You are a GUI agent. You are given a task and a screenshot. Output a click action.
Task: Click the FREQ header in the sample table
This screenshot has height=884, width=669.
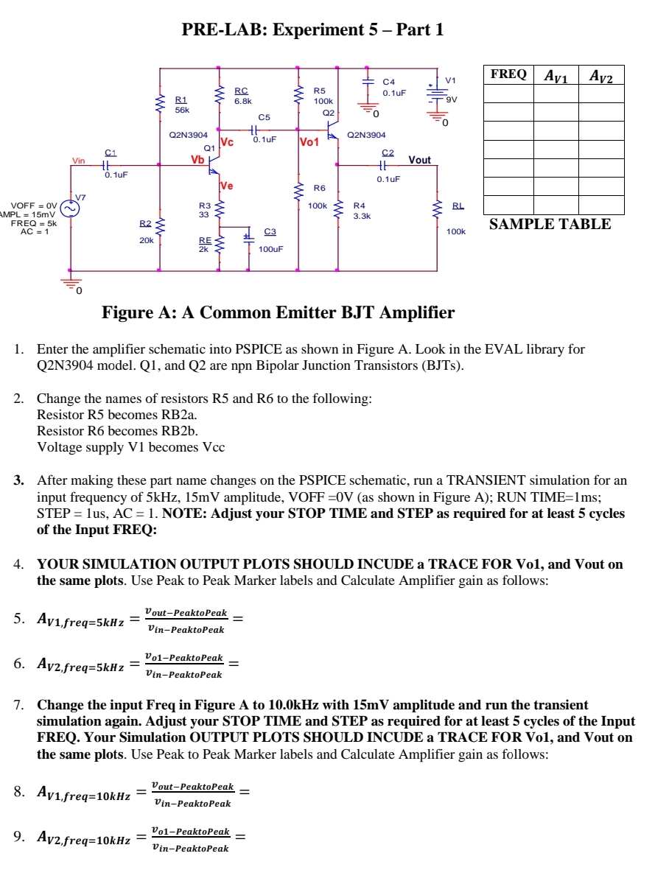508,74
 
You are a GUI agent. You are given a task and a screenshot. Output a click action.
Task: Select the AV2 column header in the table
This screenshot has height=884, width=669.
601,75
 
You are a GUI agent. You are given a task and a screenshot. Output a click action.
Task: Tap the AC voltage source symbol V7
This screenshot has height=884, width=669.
71,208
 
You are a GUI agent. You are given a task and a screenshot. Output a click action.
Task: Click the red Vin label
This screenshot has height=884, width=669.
78,161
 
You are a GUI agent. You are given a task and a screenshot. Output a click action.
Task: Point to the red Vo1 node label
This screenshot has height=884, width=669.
309,142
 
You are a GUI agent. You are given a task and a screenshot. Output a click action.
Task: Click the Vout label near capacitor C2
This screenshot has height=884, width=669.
420,160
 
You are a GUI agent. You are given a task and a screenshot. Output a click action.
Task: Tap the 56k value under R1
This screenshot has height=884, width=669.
182,110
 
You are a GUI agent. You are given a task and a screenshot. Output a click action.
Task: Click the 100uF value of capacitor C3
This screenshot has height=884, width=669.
271,249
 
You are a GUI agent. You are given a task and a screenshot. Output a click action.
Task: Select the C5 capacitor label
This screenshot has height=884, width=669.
265,116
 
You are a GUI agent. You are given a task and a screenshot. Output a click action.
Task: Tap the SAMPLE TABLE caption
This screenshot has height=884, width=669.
550,225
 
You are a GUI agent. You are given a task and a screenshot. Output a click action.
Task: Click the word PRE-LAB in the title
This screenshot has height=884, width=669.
214,30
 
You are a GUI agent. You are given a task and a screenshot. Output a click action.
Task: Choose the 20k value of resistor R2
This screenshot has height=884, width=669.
147,240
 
